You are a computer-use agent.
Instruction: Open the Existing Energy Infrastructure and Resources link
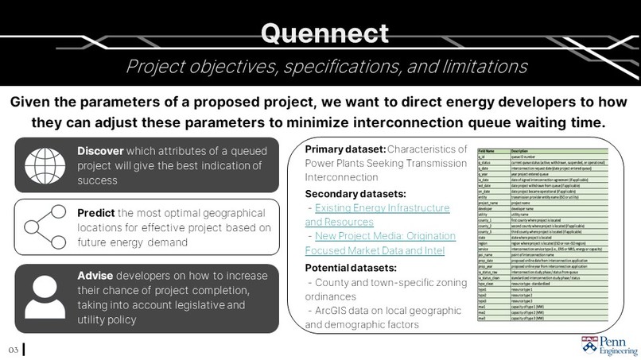(x=377, y=214)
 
